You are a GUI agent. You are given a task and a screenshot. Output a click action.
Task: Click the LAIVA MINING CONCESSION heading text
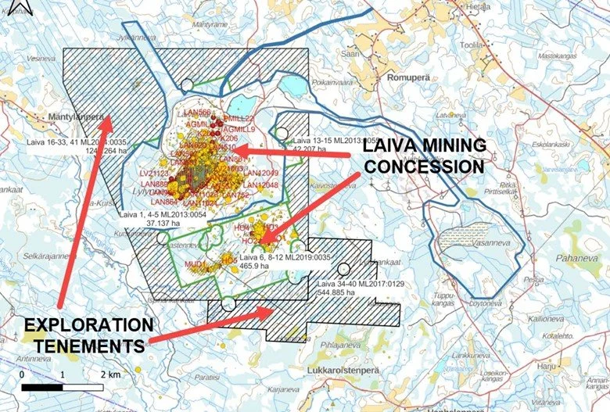[x=423, y=156]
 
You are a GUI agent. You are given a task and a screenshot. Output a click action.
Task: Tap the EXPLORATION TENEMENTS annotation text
[x=86, y=334]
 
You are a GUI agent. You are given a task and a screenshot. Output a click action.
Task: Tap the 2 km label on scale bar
[x=109, y=374]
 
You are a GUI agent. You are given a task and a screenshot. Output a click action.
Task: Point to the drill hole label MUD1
[x=195, y=264]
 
